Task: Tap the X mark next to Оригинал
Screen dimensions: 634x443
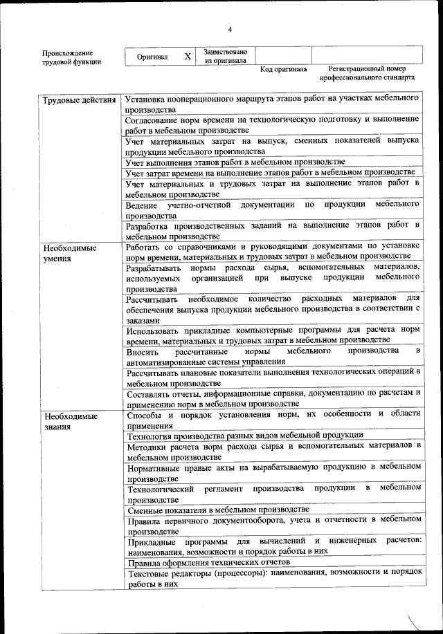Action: coord(188,56)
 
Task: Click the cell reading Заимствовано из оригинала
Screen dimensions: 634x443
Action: coord(226,56)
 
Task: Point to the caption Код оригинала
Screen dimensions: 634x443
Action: coord(283,70)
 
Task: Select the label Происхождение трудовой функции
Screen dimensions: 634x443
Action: coord(71,57)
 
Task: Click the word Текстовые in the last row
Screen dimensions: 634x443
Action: coord(150,573)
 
